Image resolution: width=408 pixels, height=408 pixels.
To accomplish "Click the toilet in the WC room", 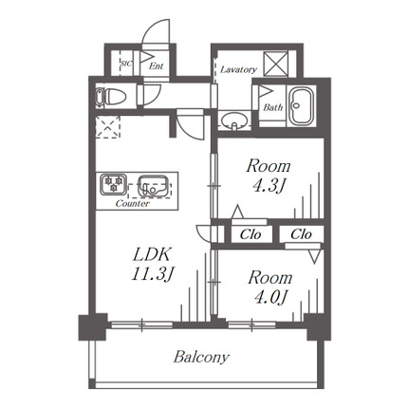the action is click(x=111, y=96).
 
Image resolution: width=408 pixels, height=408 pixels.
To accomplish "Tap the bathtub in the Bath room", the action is click(x=302, y=105).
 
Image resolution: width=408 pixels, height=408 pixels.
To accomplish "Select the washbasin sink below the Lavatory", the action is click(x=234, y=121).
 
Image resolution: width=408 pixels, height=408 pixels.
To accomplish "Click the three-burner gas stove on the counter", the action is click(x=113, y=184).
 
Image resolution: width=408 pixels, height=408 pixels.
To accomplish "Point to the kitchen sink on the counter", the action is click(x=153, y=185).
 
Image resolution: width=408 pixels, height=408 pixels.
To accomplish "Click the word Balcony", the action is click(x=201, y=358).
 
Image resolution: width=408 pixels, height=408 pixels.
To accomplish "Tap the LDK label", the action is click(x=152, y=254).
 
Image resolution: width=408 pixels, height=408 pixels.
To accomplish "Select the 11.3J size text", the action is click(x=153, y=273).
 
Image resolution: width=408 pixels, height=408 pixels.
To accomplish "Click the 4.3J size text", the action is click(x=269, y=186).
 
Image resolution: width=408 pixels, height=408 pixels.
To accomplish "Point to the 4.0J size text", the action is click(x=270, y=297).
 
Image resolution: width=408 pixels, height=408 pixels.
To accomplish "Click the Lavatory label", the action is click(x=238, y=69).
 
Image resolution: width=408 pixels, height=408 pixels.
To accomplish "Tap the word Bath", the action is click(x=272, y=107).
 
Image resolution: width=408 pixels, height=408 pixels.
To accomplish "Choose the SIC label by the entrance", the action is click(x=126, y=64).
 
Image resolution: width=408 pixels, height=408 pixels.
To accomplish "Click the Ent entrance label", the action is click(x=156, y=66).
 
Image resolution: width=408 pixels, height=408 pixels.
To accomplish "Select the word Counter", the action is click(x=133, y=203).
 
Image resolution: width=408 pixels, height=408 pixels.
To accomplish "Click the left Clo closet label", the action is click(x=250, y=234).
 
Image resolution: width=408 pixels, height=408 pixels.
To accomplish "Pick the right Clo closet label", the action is click(x=301, y=234).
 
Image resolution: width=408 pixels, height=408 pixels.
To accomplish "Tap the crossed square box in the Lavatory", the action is click(x=276, y=64).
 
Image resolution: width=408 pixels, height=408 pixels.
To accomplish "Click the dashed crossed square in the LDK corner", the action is click(x=108, y=127).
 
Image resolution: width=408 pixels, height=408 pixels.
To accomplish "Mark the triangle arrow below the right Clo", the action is click(x=314, y=256).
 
